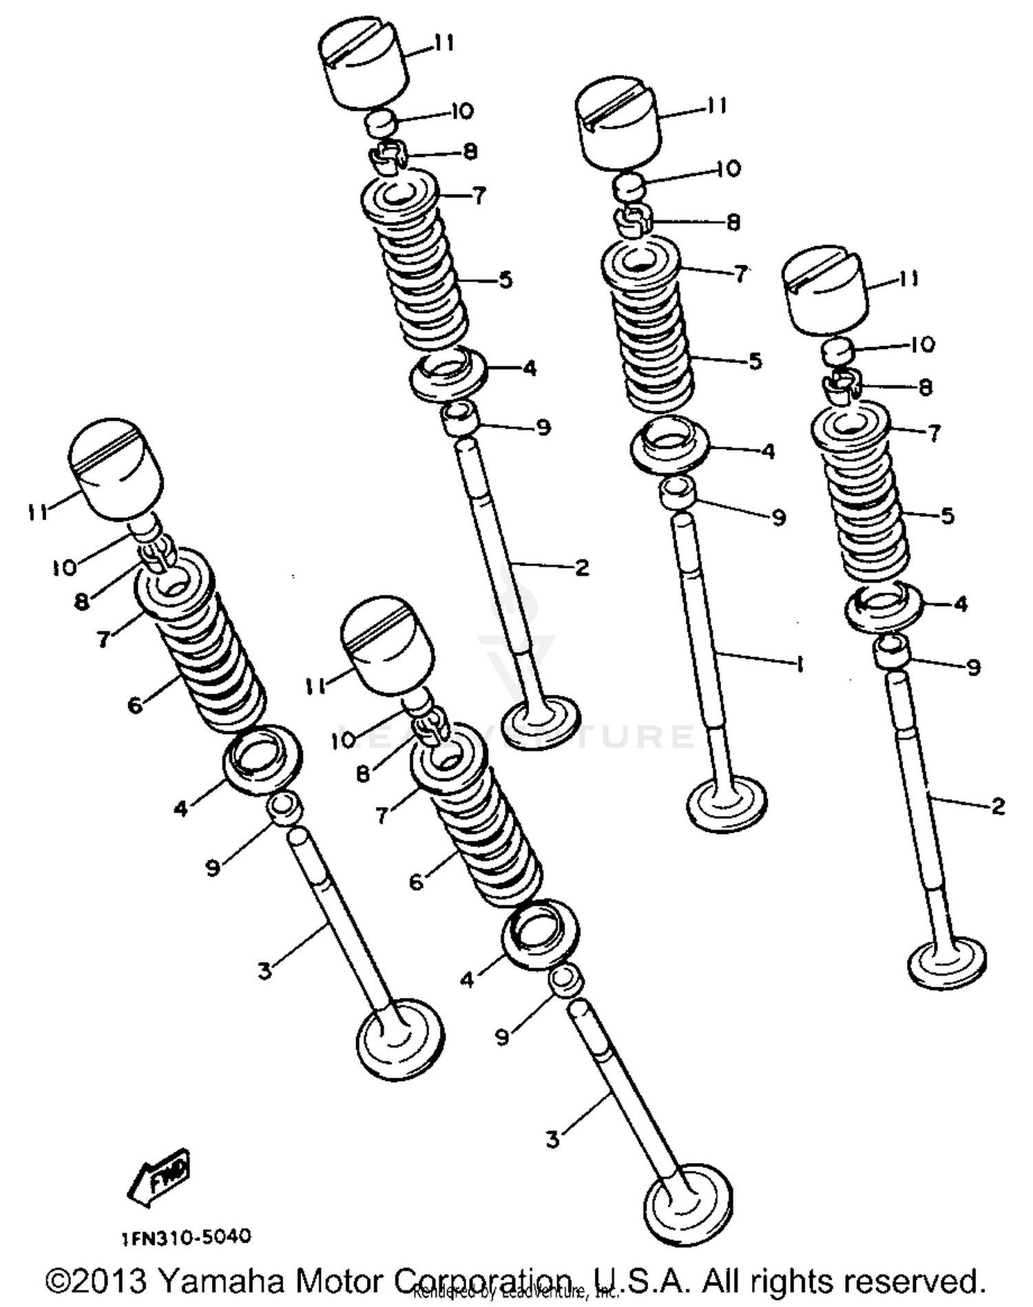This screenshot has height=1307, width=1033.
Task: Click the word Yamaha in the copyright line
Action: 220,1281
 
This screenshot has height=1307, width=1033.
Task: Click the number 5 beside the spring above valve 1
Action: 755,361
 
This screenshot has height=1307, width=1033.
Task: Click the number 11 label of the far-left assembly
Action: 38,512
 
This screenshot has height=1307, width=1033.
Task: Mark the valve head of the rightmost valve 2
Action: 948,961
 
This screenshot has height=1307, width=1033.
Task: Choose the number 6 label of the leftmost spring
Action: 135,704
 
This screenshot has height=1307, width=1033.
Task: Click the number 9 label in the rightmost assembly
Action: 973,667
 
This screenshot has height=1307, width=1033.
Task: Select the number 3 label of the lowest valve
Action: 553,1140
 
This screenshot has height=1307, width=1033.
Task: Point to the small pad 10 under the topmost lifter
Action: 381,125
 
